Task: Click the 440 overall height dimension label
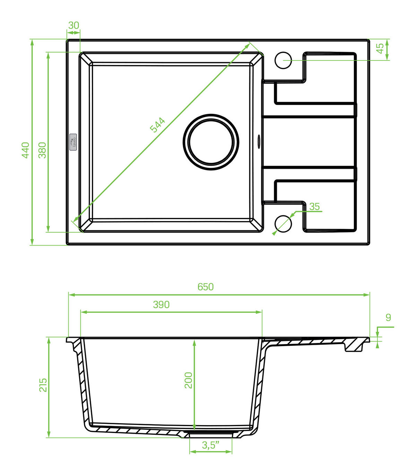click(x=25, y=150)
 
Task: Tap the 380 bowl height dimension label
click(x=42, y=150)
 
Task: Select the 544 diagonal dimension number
click(x=157, y=125)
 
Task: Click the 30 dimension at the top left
click(x=73, y=25)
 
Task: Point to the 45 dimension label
click(x=380, y=48)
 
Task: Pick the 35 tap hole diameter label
click(x=314, y=206)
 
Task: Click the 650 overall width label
click(x=206, y=287)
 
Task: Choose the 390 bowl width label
click(x=161, y=305)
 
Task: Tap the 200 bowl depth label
click(x=188, y=381)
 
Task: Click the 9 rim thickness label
click(x=388, y=318)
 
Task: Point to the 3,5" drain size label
click(x=210, y=445)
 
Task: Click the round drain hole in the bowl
click(x=211, y=142)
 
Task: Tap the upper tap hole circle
click(x=283, y=60)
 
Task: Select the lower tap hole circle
click(x=283, y=224)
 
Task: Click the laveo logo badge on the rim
click(x=73, y=142)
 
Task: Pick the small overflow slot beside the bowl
click(x=259, y=141)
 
